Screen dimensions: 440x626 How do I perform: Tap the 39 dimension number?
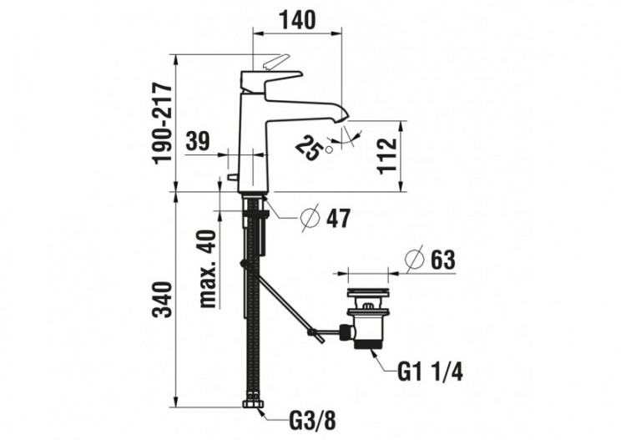[199, 142]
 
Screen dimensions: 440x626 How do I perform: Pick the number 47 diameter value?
[338, 219]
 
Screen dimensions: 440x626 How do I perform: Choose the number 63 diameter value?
[443, 260]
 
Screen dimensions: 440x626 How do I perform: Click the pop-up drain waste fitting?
[365, 319]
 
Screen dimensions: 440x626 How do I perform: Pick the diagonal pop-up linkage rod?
[284, 301]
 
